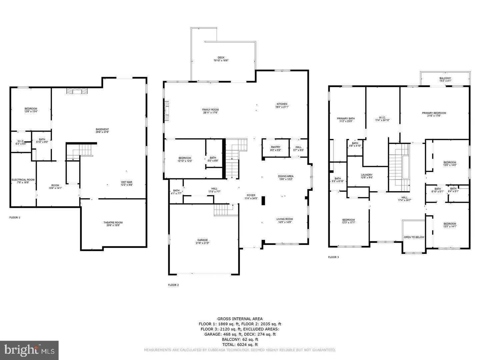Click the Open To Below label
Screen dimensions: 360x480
414,237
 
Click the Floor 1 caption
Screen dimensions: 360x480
15,218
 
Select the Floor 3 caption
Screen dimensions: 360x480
333,257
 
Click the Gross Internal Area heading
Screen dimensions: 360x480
240,319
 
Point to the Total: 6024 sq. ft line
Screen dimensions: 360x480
240,344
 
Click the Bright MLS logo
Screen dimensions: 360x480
29,350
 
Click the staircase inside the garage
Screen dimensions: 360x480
222,210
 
